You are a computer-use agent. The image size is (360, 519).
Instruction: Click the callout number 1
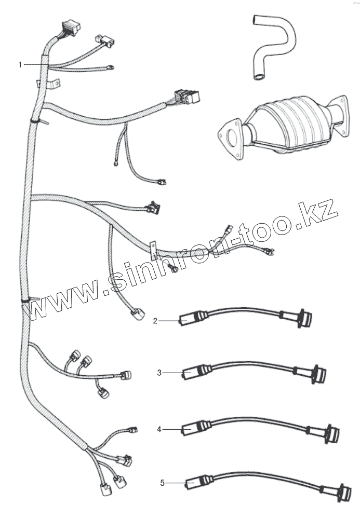click(20, 65)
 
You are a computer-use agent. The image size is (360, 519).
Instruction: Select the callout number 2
click(155, 321)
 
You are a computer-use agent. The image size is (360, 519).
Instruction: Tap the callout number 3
click(160, 372)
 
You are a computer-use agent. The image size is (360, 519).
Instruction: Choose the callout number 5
click(162, 483)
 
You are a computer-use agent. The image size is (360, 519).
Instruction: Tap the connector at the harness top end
click(69, 29)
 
